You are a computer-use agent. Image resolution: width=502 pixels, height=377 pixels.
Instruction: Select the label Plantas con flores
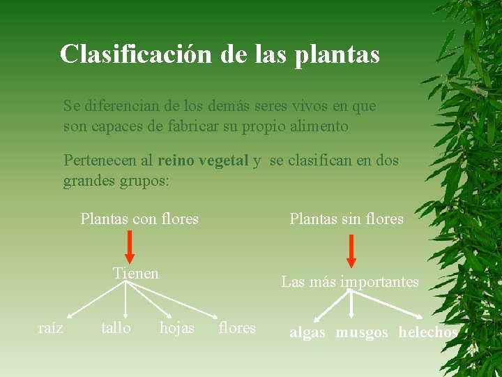point(139,219)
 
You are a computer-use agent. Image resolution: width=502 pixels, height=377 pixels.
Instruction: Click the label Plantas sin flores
point(347,219)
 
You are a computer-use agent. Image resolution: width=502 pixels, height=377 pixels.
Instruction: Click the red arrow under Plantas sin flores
point(351,251)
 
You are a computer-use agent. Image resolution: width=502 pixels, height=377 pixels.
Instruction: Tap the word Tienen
point(136,273)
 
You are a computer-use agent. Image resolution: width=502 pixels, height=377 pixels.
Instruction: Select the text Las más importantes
point(350,282)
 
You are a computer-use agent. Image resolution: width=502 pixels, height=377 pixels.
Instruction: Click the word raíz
point(50,327)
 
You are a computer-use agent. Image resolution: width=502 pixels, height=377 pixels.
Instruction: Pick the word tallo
point(116,327)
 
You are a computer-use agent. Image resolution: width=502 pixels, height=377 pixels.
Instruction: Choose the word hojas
point(177,327)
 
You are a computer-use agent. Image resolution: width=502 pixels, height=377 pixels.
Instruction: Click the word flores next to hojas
point(237,327)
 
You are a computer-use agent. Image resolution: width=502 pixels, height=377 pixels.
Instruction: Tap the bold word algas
point(307,333)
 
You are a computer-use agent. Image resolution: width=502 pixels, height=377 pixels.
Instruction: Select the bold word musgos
point(362,333)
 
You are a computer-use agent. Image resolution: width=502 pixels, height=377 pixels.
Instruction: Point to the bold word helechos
point(428,333)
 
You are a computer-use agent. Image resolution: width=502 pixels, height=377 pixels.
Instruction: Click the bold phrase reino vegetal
point(203,161)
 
